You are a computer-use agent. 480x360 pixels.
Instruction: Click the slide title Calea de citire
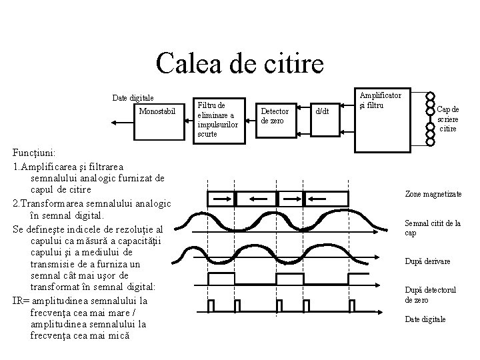pos(239,63)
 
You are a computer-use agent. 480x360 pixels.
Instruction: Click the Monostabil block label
pos(157,111)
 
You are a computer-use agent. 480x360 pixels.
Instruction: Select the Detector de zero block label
pos(274,115)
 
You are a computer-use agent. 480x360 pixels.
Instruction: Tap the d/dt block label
pos(322,111)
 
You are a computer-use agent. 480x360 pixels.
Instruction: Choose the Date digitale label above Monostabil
pos(133,98)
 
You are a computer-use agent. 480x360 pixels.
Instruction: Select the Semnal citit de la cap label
pos(433,228)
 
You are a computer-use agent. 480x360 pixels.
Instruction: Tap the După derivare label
pos(427,261)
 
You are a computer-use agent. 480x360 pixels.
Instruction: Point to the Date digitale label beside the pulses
pos(425,319)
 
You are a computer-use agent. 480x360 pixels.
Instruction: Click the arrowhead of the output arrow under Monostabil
pos(113,123)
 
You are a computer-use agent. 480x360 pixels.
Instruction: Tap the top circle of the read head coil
pos(430,96)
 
